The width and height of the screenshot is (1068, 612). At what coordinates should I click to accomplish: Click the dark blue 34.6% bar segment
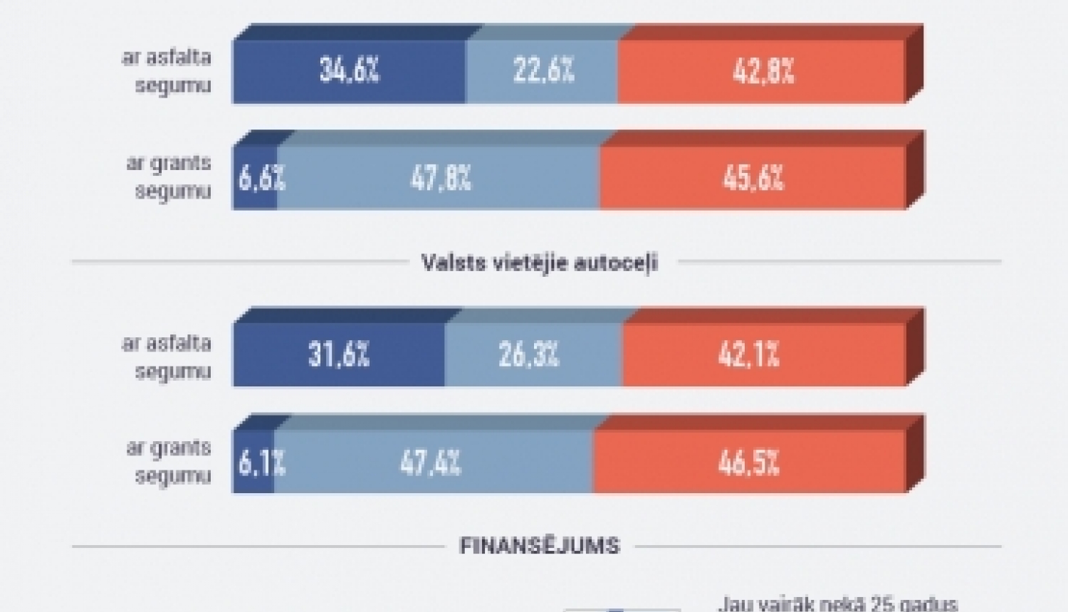[349, 71]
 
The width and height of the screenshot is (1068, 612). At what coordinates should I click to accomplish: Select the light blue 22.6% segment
[543, 71]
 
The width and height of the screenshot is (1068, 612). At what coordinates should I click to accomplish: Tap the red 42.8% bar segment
[762, 71]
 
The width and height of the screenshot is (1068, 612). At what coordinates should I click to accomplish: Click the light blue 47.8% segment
[439, 178]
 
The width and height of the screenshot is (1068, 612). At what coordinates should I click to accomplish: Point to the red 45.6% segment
[753, 178]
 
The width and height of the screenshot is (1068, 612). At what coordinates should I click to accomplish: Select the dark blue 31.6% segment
[339, 354]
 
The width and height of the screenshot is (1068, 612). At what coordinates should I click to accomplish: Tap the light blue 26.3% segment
[528, 354]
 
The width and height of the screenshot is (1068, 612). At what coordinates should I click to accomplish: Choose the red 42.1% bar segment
[749, 354]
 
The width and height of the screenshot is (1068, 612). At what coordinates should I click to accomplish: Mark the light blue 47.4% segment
[431, 463]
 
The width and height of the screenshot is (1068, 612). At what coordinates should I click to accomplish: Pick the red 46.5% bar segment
[749, 463]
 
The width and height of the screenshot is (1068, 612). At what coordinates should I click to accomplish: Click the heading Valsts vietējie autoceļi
[540, 263]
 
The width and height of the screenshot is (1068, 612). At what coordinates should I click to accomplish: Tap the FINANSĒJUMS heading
[540, 546]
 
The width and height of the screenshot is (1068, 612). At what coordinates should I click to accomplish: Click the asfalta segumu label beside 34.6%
[168, 71]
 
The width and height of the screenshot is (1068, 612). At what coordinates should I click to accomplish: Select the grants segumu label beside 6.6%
[169, 177]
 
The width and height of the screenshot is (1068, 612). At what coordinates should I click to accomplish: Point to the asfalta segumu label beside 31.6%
[168, 357]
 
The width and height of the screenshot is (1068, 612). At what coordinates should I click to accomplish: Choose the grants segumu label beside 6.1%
[169, 462]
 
